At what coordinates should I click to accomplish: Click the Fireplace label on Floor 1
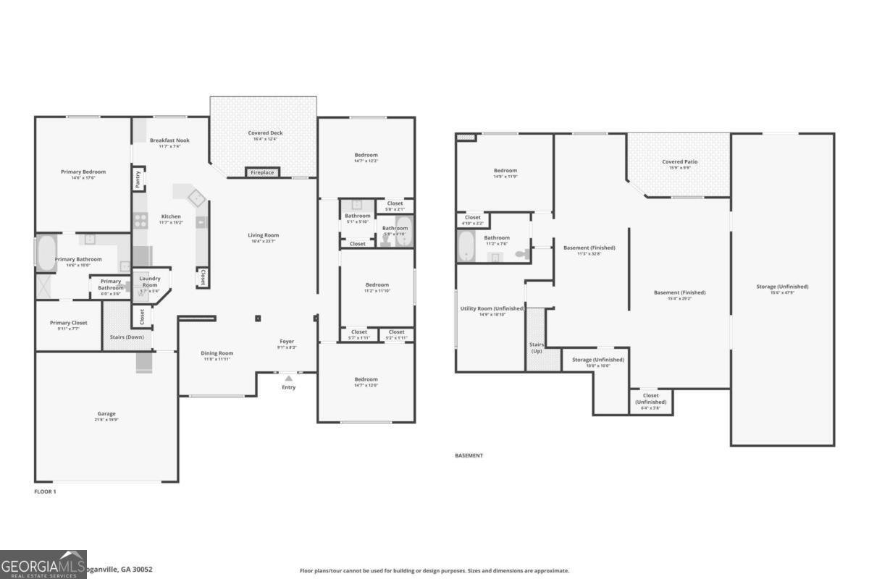(262, 173)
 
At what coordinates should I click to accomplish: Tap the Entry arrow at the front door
(288, 378)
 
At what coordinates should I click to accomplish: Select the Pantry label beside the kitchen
(138, 179)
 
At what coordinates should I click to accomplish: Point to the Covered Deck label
(265, 133)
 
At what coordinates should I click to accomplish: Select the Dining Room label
(217, 353)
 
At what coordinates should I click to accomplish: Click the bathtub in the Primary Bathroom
(46, 254)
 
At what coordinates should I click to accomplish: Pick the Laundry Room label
(149, 282)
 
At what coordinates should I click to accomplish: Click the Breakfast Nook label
(169, 140)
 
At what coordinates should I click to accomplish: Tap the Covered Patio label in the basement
(680, 162)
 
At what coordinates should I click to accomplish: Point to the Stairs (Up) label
(537, 347)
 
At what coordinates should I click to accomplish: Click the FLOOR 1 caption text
(45, 491)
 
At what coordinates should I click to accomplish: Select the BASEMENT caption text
(469, 456)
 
